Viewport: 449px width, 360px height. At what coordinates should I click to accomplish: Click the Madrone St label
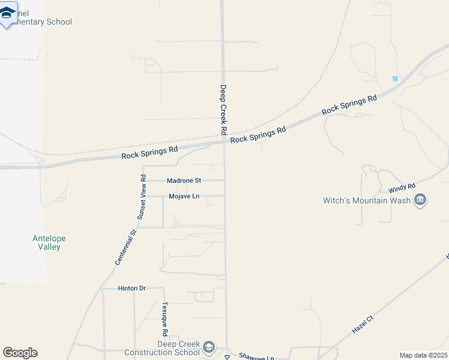(184, 180)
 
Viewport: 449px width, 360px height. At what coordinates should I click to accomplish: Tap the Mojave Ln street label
(184, 196)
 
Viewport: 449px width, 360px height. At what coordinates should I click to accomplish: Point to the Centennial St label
(127, 244)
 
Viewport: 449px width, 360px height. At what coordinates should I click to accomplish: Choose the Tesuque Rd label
(165, 319)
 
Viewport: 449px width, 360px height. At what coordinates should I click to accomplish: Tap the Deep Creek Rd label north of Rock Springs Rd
(223, 109)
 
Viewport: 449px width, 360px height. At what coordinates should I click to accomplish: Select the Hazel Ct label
(363, 324)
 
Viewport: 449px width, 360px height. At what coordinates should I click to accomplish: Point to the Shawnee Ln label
(256, 356)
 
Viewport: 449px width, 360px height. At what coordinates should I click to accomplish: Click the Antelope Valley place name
(49, 242)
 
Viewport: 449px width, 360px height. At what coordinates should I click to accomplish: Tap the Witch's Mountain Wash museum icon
(420, 200)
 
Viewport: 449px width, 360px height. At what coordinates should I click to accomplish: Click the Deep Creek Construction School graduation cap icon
(208, 347)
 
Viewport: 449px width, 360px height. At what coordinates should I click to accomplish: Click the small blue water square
(395, 79)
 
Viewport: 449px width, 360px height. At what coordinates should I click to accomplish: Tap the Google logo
(20, 353)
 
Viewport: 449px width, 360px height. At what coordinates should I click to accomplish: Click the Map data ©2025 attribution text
(423, 355)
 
